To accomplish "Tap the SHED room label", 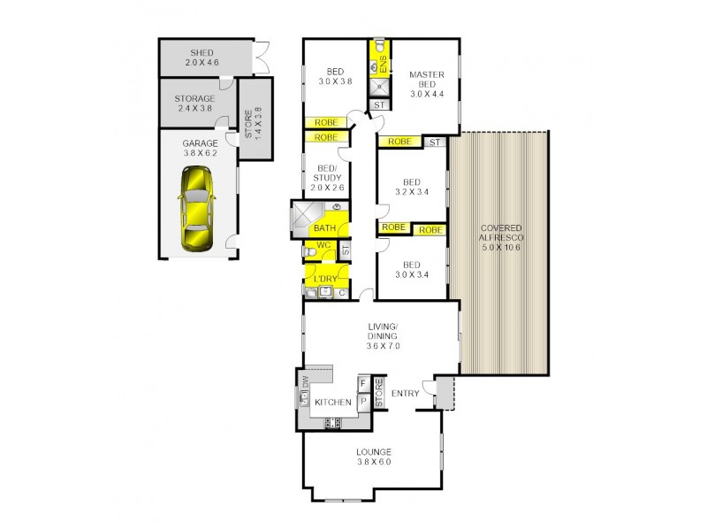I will click(201, 57).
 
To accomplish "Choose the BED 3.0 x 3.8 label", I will click(335, 76).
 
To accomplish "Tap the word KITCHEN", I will click(334, 403).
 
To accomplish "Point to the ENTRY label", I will click(406, 394).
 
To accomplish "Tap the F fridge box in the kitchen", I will click(362, 384).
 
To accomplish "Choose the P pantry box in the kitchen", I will click(362, 401).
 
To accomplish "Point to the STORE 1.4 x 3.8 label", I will click(253, 120).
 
